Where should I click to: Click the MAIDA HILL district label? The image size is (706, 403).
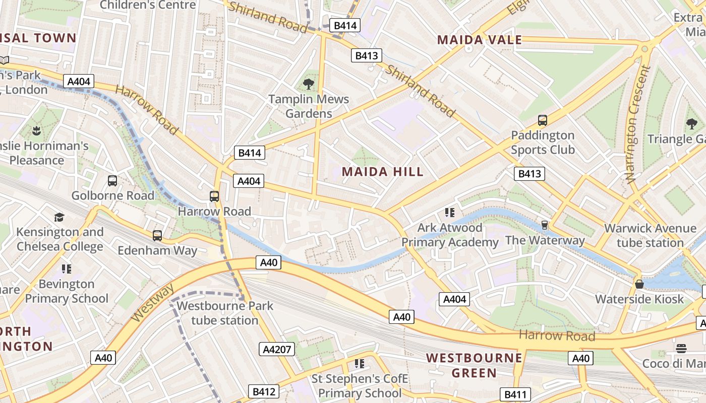click(x=383, y=172)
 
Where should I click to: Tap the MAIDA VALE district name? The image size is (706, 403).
click(x=479, y=40)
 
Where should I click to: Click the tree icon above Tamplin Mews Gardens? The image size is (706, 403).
click(x=309, y=84)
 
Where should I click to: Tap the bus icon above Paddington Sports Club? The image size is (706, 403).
click(x=543, y=120)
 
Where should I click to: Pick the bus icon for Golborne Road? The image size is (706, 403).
click(x=112, y=180)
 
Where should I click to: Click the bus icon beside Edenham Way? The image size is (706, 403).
click(x=157, y=235)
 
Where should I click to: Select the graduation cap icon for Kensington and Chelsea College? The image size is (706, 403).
click(x=60, y=217)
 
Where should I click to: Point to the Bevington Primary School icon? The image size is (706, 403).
click(x=67, y=269)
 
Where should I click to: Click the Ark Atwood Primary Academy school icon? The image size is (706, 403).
click(x=450, y=213)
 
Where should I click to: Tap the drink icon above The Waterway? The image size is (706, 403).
click(x=545, y=225)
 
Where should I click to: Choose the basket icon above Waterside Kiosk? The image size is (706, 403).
click(x=639, y=284)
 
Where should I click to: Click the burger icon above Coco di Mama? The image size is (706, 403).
click(x=681, y=349)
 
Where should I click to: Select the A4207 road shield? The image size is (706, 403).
click(x=277, y=349)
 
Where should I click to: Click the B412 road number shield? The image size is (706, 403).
click(x=263, y=391)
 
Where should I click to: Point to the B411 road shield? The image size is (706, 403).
click(x=515, y=394)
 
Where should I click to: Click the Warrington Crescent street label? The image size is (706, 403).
click(x=637, y=122)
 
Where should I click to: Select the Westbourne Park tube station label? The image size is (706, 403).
click(x=225, y=313)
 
